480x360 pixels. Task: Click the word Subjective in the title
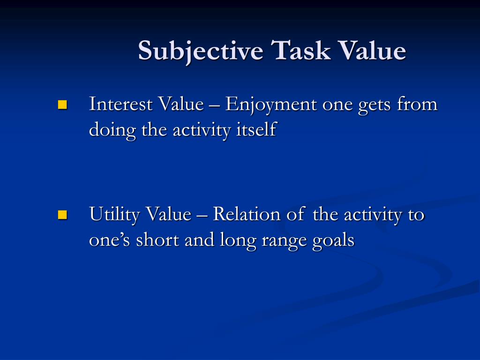[200, 51]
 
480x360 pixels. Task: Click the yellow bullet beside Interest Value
[62, 104]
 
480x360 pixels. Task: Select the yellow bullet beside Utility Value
[62, 215]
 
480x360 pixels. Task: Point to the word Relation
[243, 215]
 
